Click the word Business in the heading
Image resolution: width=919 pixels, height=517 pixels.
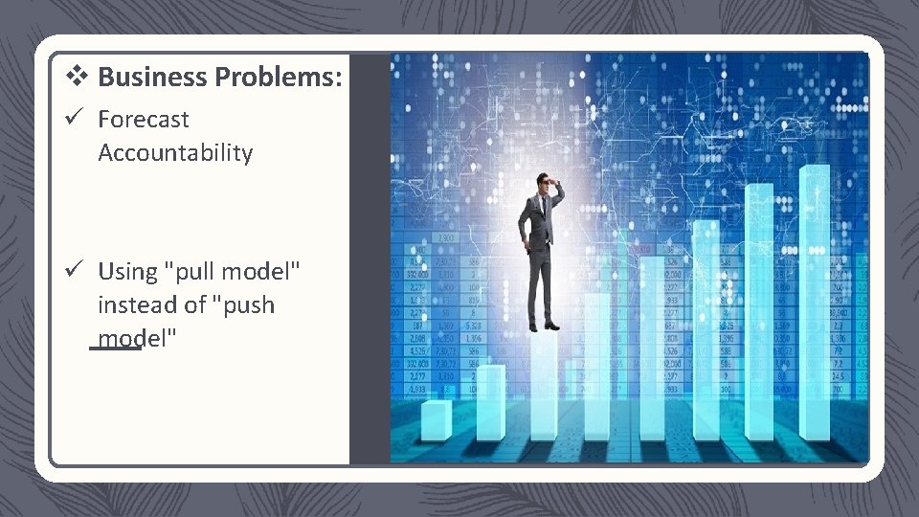click(153, 77)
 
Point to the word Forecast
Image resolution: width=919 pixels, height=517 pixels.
click(144, 120)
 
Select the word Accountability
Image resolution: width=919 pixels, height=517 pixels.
click(175, 153)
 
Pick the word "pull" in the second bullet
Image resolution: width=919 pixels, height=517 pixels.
click(193, 272)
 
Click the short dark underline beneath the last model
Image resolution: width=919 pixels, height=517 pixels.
click(115, 348)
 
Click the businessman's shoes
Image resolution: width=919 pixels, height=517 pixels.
click(543, 326)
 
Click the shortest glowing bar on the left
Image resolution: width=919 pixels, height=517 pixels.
click(437, 421)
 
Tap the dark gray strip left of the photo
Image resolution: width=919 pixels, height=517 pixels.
click(370, 258)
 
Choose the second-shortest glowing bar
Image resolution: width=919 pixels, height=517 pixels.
click(490, 402)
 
